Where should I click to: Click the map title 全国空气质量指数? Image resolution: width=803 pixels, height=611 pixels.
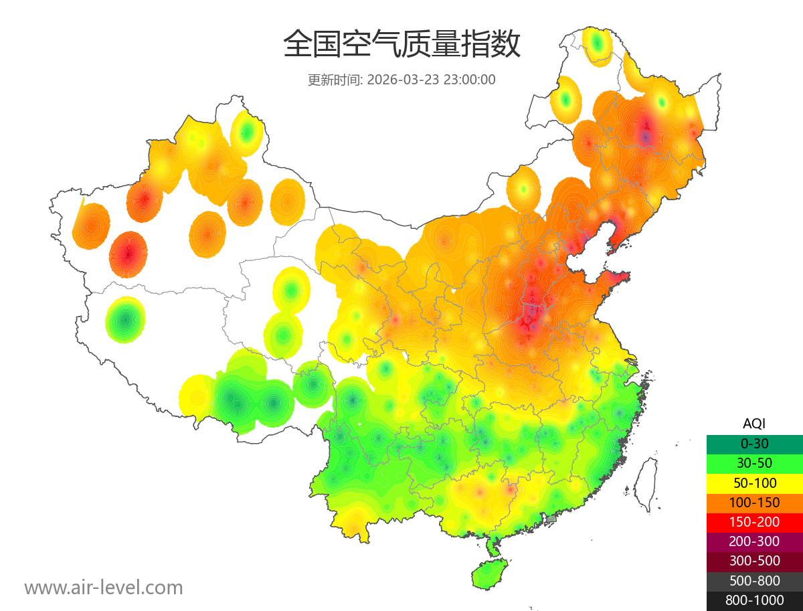pyautogui.click(x=401, y=45)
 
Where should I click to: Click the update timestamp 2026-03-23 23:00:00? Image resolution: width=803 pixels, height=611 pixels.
pyautogui.click(x=431, y=79)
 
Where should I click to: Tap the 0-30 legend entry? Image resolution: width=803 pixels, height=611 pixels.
pyautogui.click(x=754, y=443)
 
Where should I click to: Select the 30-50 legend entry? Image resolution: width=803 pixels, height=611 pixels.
pyautogui.click(x=754, y=462)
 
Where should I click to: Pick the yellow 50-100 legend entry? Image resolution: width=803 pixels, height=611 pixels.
pyautogui.click(x=754, y=483)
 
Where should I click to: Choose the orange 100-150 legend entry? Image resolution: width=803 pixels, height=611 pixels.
pyautogui.click(x=754, y=502)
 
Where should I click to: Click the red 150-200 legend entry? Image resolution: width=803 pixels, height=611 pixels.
pyautogui.click(x=754, y=521)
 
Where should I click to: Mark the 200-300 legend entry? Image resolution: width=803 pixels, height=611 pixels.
pyautogui.click(x=754, y=541)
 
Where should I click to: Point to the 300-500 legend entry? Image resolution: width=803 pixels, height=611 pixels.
pyautogui.click(x=754, y=561)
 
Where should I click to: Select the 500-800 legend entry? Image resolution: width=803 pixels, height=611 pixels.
pyautogui.click(x=754, y=581)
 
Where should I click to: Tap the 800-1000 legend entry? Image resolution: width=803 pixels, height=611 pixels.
pyautogui.click(x=754, y=600)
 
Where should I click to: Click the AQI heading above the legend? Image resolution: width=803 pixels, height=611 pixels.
pyautogui.click(x=754, y=423)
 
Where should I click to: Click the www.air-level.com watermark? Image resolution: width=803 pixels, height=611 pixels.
pyautogui.click(x=104, y=588)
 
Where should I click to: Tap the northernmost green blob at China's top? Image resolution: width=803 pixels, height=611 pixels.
pyautogui.click(x=597, y=45)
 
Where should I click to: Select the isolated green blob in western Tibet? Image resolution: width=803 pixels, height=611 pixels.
pyautogui.click(x=125, y=320)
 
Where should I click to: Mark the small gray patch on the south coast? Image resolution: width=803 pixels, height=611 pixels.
pyautogui.click(x=551, y=519)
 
